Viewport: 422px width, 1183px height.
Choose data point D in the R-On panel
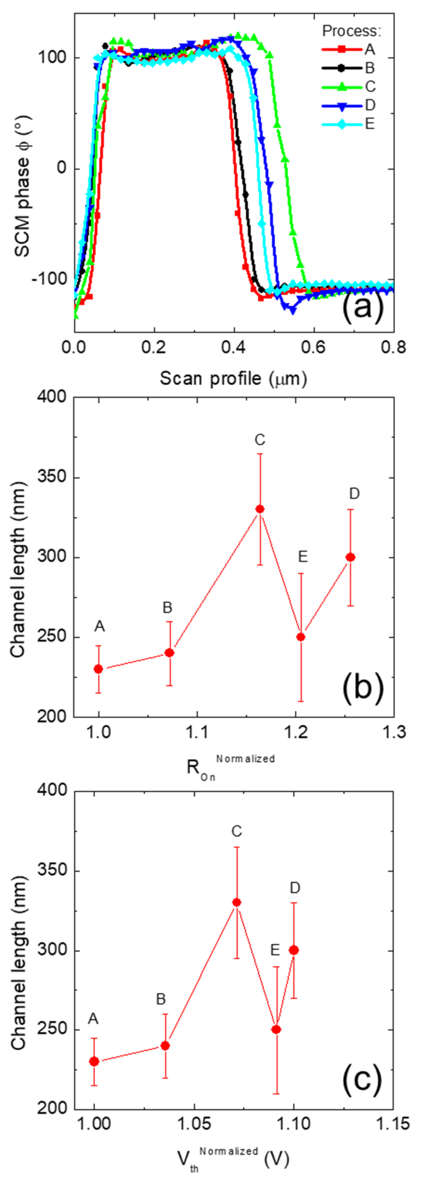point(350,557)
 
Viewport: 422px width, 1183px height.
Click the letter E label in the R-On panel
point(302,557)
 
